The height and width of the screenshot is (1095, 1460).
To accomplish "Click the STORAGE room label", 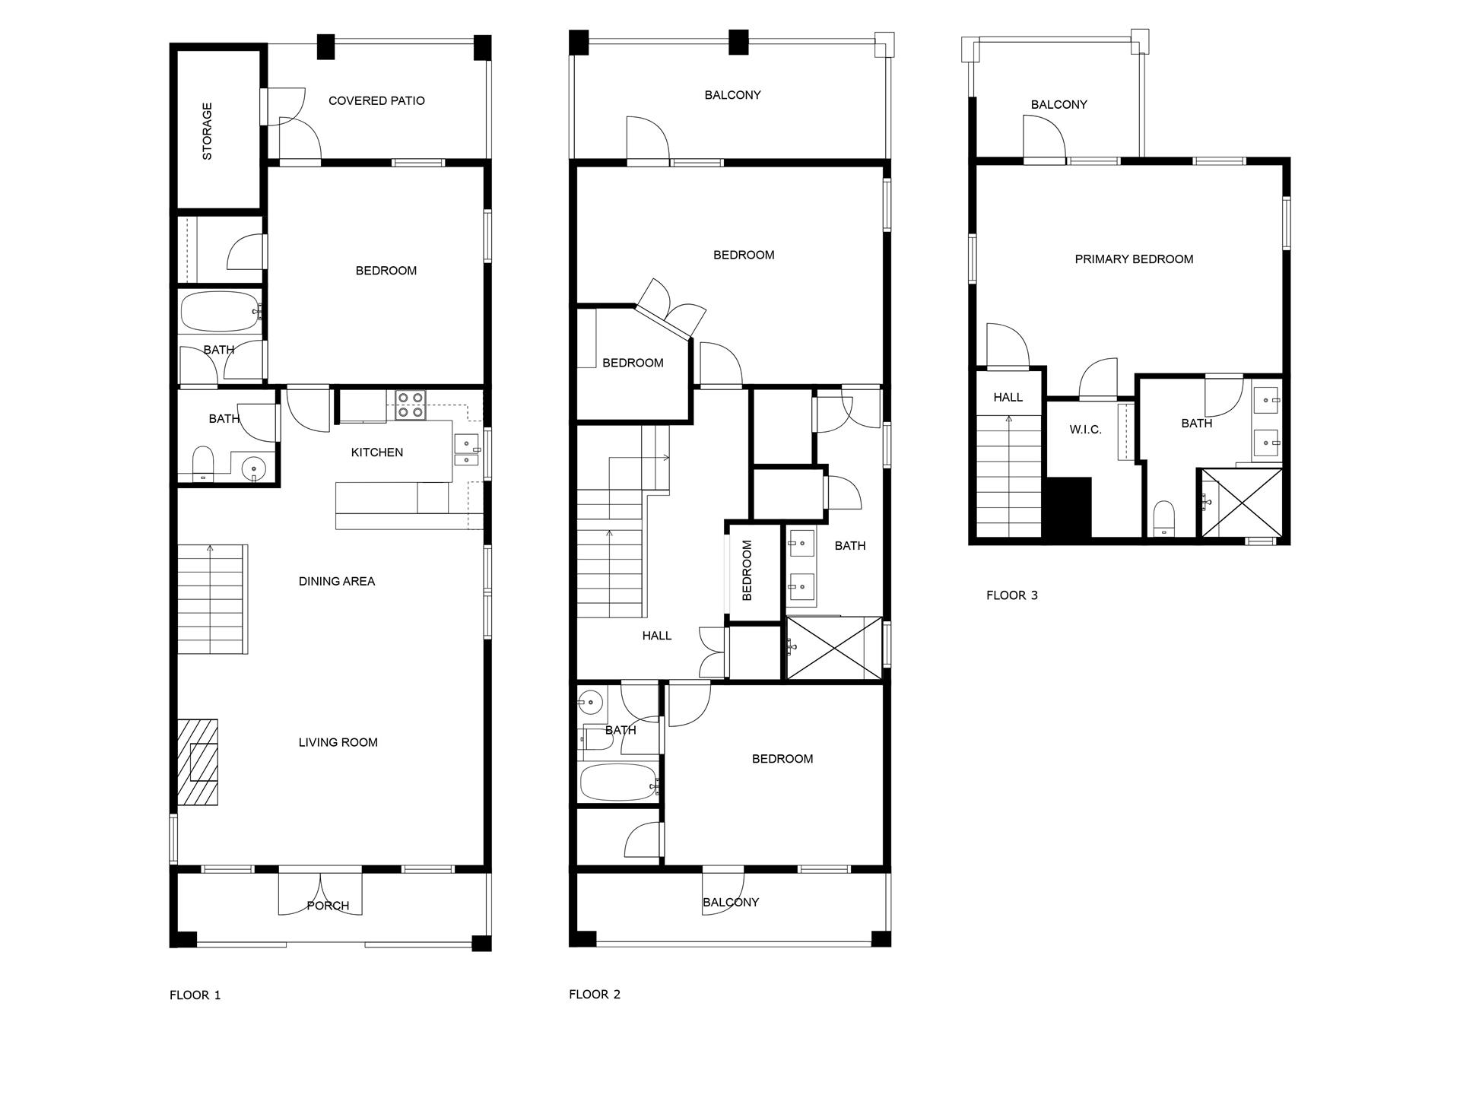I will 207,131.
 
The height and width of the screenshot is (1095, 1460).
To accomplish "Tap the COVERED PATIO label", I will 376,100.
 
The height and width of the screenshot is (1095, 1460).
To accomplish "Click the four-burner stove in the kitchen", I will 411,405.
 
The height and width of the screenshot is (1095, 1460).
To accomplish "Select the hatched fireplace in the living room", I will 198,763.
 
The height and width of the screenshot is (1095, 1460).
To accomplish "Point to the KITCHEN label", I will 376,452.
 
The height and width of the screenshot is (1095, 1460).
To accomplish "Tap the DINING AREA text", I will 336,581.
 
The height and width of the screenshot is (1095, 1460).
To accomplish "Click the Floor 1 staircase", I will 212,598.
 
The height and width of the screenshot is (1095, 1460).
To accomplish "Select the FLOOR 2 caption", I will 594,994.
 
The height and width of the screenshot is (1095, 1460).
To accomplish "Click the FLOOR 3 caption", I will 1011,595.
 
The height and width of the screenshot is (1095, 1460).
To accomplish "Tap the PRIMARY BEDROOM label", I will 1133,259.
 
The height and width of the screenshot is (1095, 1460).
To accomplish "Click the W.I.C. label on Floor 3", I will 1085,430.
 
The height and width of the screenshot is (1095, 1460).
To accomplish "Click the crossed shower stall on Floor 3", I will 1241,503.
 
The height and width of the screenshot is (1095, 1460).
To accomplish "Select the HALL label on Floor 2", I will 656,636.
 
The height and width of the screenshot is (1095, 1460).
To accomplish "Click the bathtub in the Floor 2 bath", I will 617,782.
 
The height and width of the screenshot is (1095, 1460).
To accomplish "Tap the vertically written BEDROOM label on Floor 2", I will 747,570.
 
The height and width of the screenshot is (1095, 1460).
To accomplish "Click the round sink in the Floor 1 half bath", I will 252,469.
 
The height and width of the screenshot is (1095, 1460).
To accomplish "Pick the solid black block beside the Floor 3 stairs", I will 1070,507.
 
